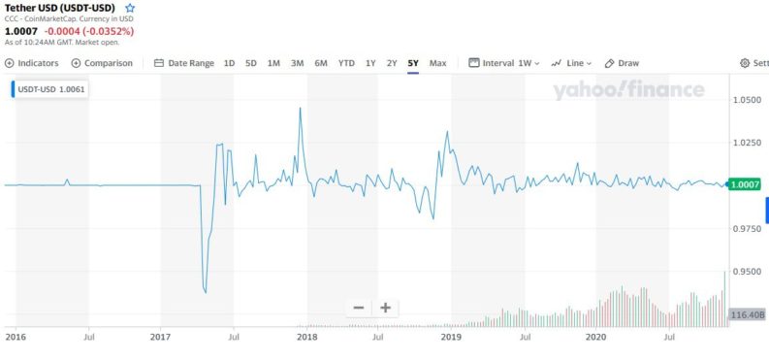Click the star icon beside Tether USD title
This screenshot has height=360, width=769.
click(x=130, y=8)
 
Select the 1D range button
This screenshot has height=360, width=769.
click(x=229, y=63)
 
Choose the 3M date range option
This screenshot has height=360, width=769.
click(x=297, y=63)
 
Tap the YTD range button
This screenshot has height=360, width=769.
click(x=346, y=63)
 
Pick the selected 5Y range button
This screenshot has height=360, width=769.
click(x=413, y=63)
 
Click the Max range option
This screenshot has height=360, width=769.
click(x=438, y=63)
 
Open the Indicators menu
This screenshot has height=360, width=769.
click(x=32, y=63)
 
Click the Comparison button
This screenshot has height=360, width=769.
click(x=102, y=63)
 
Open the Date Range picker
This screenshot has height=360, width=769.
click(x=184, y=63)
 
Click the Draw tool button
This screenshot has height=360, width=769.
click(x=623, y=63)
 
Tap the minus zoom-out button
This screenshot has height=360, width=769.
click(x=359, y=308)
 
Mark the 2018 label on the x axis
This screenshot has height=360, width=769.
click(x=306, y=337)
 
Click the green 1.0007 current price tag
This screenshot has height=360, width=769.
click(x=746, y=184)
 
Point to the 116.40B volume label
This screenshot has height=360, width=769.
click(x=747, y=314)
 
